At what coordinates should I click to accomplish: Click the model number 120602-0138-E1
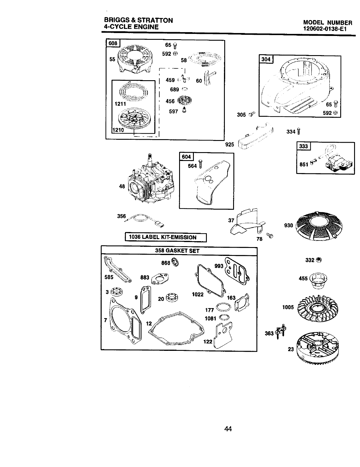[x=328, y=29]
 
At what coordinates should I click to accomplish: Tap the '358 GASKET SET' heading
[x=177, y=251]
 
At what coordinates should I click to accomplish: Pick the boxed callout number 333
[x=303, y=146]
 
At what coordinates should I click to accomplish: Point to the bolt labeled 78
[x=270, y=235]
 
